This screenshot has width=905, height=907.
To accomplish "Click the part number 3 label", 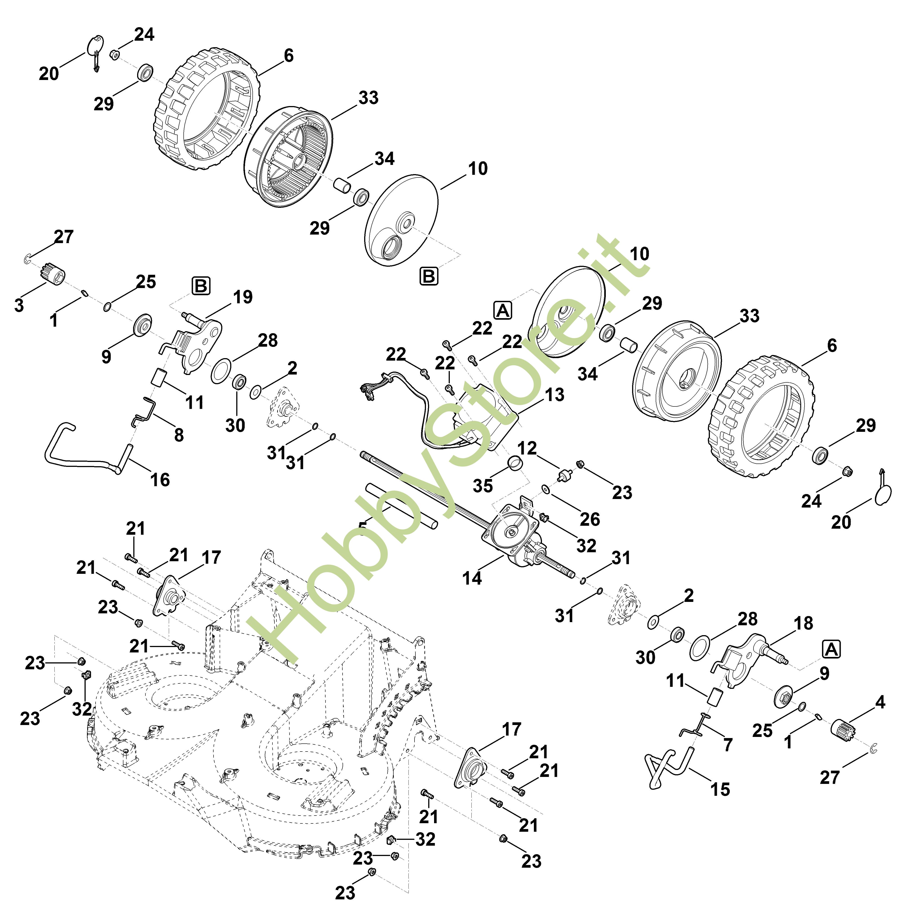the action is [x=19, y=305].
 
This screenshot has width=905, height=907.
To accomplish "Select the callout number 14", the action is [x=472, y=578].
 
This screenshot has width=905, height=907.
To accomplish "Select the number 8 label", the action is [x=179, y=435].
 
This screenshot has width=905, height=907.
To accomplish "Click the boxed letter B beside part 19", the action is [x=201, y=286].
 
